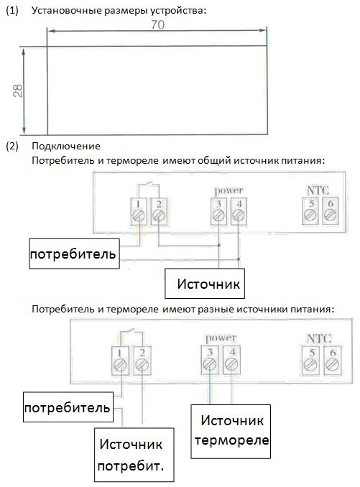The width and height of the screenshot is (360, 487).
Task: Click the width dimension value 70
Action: (158, 24)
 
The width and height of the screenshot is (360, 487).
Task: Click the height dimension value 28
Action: (18, 91)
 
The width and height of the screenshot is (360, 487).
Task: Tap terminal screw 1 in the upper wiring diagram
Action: (139, 215)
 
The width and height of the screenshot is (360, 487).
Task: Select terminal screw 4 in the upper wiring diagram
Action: (239, 215)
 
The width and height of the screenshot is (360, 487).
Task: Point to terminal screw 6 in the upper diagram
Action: (331, 215)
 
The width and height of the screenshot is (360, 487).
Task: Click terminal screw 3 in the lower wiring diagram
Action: (210, 363)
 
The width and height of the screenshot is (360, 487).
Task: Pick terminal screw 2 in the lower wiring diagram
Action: (142, 364)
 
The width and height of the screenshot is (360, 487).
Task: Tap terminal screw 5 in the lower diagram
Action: (310, 364)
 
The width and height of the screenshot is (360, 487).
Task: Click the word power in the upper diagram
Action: (229, 190)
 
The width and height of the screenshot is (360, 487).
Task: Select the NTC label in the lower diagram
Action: (319, 338)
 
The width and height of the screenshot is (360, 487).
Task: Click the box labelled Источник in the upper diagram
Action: (205, 284)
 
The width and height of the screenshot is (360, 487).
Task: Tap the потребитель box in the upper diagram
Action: (74, 254)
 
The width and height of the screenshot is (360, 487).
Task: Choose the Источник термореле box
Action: (231, 432)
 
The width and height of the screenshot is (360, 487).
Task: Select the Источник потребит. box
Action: (134, 455)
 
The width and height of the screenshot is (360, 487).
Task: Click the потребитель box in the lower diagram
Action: (68, 407)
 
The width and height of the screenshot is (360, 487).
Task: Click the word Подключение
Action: (66, 146)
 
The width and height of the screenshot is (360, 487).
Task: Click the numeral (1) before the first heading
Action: (12, 11)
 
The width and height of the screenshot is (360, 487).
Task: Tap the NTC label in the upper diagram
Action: (318, 190)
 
